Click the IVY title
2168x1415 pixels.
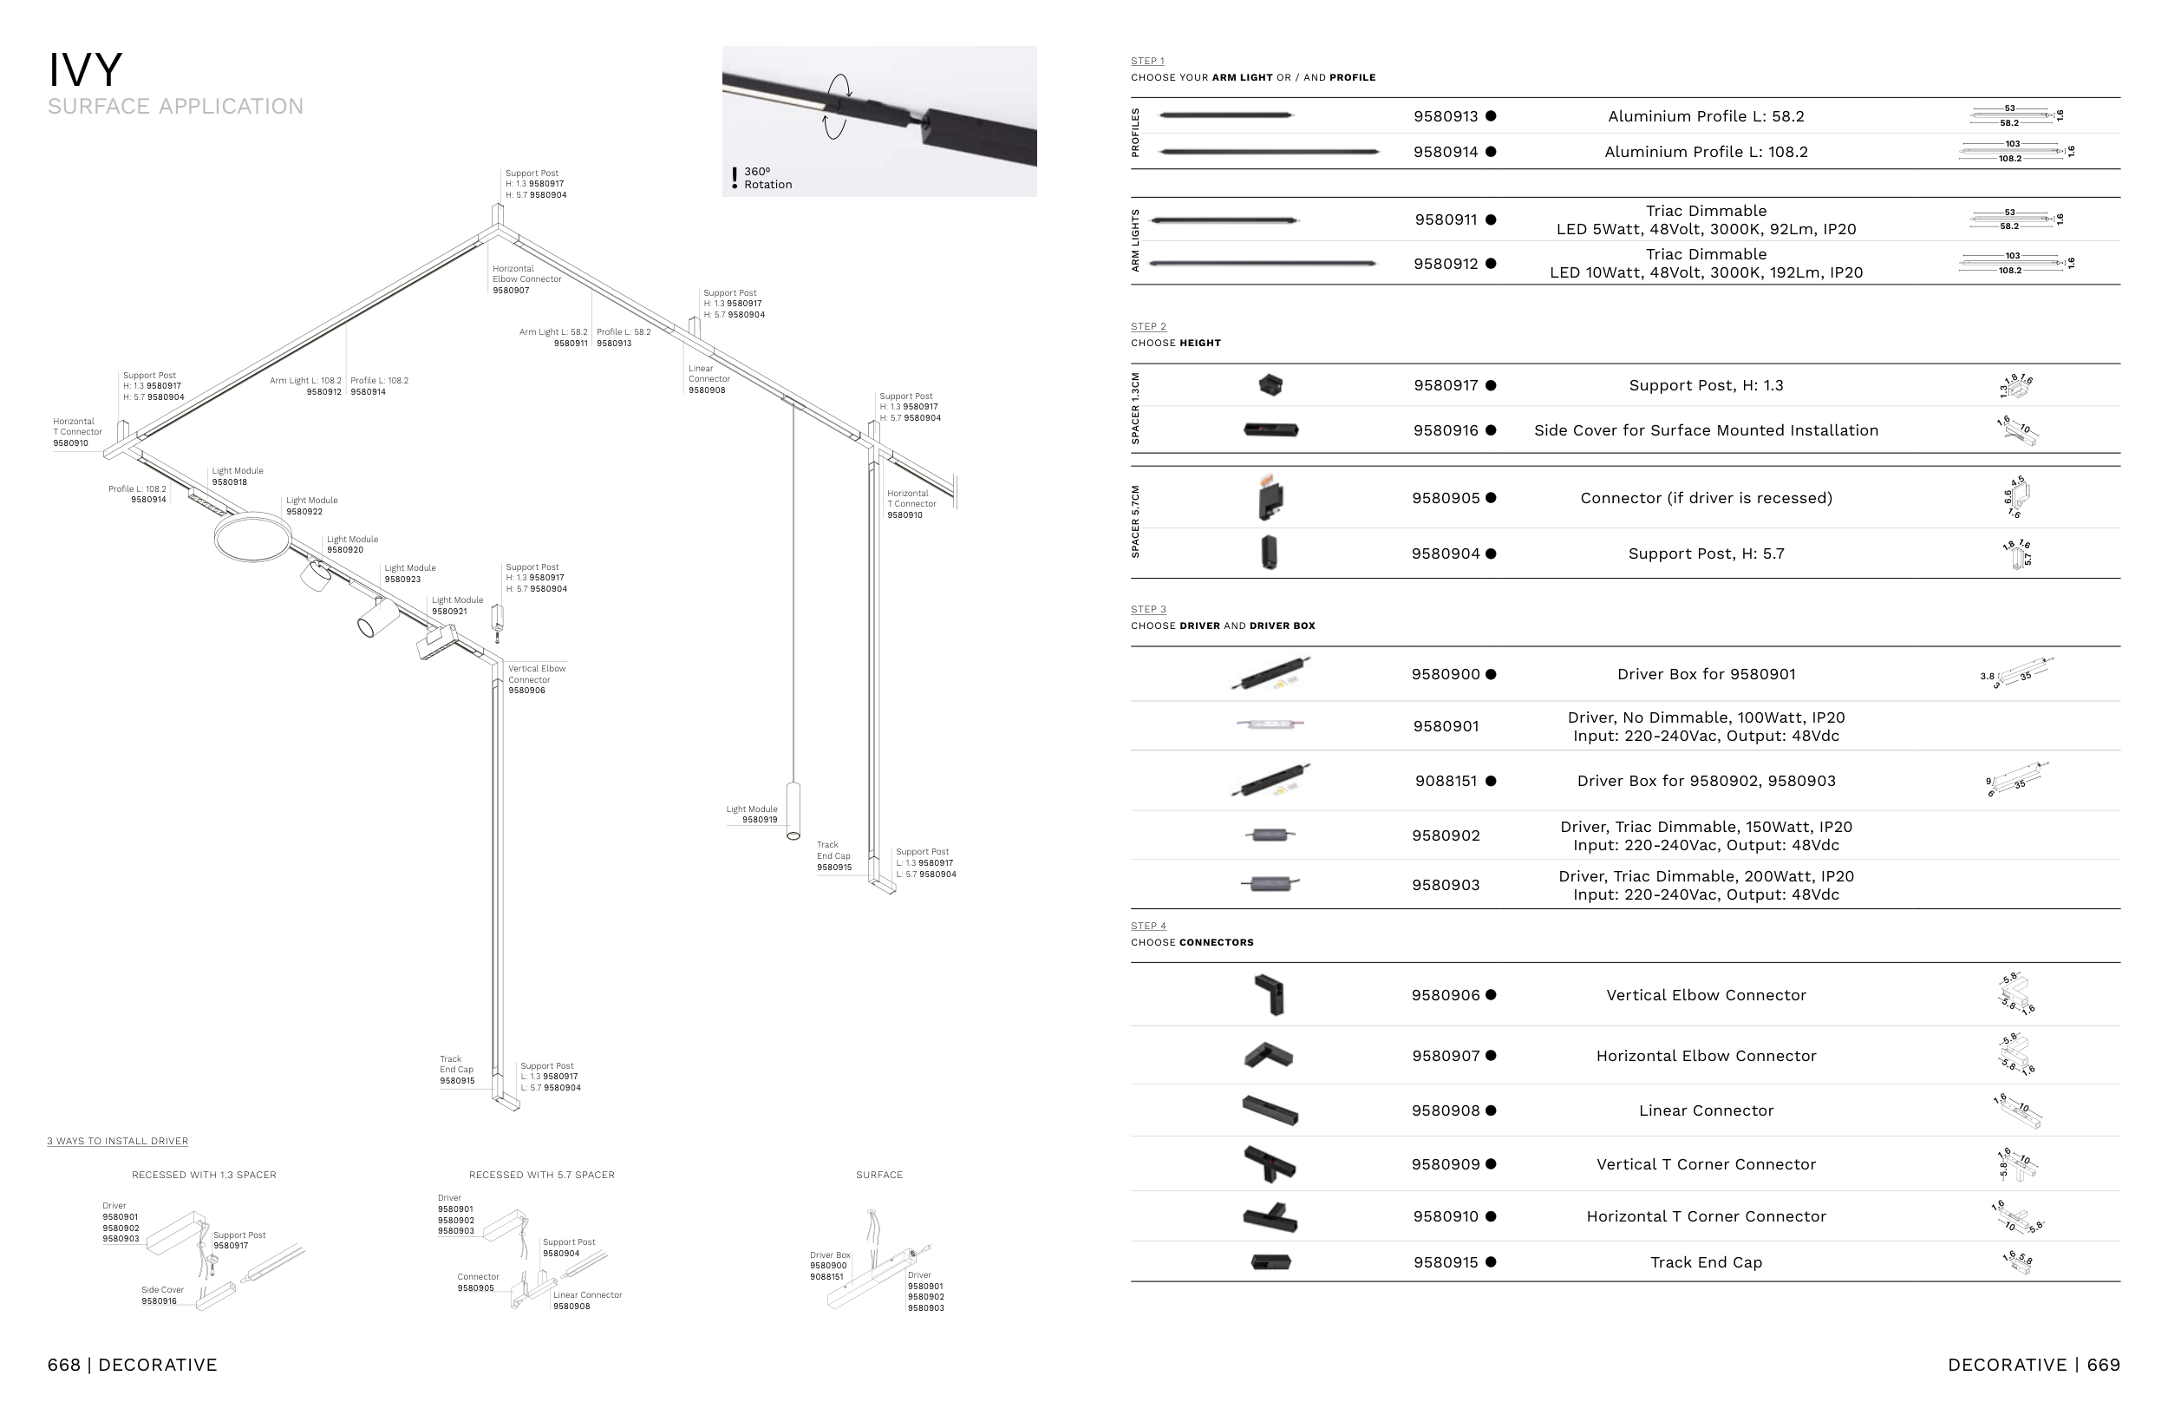[85, 70]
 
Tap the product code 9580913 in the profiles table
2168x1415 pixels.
[1445, 116]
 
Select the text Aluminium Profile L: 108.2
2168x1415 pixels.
[1705, 152]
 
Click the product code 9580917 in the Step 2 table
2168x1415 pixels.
[1445, 385]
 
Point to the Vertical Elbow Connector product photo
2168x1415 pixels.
[1269, 995]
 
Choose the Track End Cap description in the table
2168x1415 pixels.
[1705, 1263]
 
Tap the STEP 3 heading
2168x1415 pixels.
[1148, 610]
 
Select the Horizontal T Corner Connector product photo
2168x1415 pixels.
[1269, 1217]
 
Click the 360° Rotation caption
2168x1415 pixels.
[767, 179]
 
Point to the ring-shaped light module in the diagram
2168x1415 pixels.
[252, 538]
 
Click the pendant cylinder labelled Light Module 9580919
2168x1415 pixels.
[793, 810]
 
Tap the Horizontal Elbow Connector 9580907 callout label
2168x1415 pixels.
[526, 279]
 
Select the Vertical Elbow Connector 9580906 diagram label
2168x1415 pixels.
[537, 679]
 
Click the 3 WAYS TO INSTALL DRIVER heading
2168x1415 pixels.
[118, 1142]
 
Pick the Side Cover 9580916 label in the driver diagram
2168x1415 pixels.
[162, 1295]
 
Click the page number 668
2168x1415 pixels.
[64, 1365]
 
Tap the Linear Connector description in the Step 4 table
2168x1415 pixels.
[1705, 1110]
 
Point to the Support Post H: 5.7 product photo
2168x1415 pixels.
[1269, 553]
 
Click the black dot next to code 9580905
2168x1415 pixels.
[1492, 498]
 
